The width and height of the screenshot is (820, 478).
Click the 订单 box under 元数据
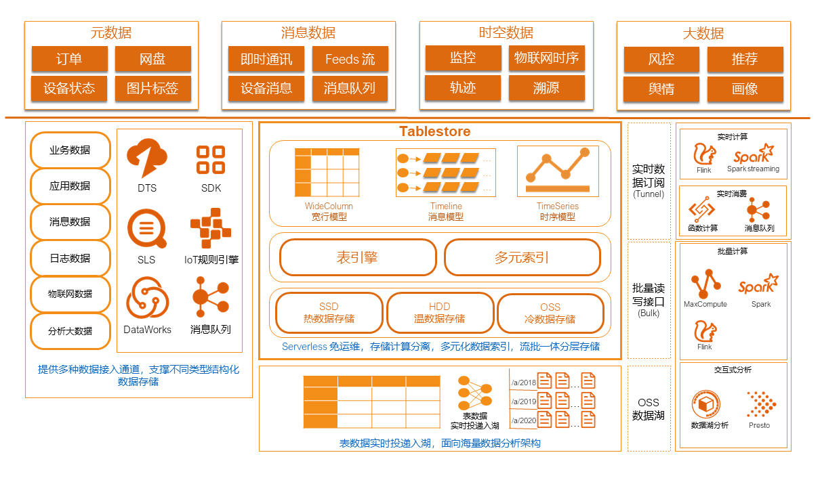(x=69, y=59)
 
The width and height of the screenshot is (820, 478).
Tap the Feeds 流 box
(x=350, y=59)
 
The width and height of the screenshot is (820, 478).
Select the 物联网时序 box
(x=546, y=58)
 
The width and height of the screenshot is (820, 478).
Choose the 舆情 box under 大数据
(x=661, y=89)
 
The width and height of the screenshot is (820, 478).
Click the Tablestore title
(x=434, y=131)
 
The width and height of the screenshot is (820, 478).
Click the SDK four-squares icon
(x=211, y=160)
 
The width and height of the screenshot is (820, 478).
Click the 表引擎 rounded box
(x=357, y=257)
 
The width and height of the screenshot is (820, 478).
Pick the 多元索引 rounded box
(x=522, y=257)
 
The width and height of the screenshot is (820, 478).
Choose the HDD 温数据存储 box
(x=440, y=313)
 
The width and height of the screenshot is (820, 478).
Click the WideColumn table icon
(x=327, y=173)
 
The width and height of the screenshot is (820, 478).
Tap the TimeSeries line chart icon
(x=557, y=171)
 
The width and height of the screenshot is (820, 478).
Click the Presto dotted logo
(x=761, y=404)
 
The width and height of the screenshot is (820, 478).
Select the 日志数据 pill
(x=70, y=258)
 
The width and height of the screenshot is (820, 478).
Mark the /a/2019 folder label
(x=523, y=401)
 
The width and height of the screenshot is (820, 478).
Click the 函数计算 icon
(x=701, y=210)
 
